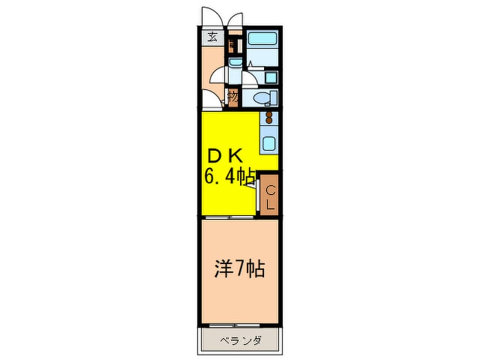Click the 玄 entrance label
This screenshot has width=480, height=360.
coord(212,38)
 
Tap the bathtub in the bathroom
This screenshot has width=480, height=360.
coord(262,41)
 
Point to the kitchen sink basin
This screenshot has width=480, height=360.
coord(268,143)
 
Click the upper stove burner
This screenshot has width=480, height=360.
coord(270,115)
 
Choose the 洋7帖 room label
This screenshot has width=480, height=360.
coord(239,269)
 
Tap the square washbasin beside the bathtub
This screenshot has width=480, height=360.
coord(271,77)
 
